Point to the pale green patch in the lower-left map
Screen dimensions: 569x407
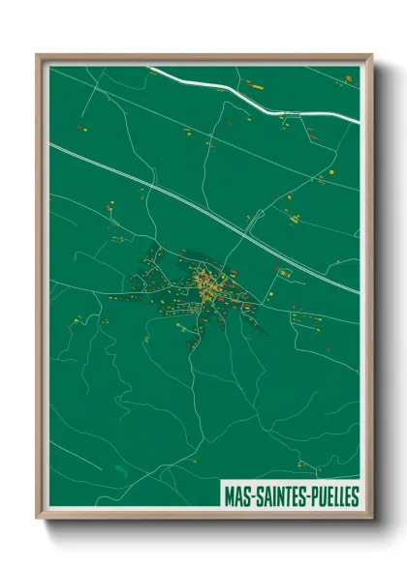pos(119,471)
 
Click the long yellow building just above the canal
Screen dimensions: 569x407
pos(254,85)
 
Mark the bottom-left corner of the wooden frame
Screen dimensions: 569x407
pos(38,518)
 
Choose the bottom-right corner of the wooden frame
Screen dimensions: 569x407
pos(371,518)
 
